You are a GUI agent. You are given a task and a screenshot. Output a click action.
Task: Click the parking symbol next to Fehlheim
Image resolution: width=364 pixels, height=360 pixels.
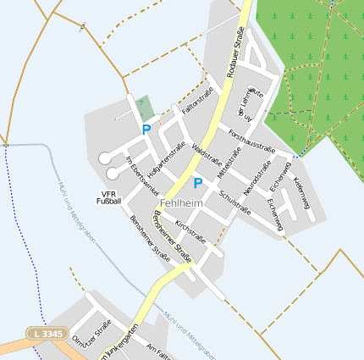[198, 183]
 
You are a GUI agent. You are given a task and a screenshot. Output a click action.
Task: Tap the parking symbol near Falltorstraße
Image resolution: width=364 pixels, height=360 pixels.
[146, 130]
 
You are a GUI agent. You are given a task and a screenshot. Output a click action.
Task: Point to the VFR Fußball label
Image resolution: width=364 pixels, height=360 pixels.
[108, 197]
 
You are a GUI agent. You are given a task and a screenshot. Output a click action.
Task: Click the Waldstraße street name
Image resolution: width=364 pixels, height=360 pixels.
[207, 154]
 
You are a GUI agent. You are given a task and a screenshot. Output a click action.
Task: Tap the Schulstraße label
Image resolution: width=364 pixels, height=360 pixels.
[234, 203]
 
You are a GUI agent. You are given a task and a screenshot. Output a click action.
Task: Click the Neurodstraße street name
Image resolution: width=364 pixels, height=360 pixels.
[256, 176]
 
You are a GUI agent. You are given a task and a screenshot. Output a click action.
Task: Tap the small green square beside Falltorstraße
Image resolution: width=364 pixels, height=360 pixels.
[146, 108]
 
